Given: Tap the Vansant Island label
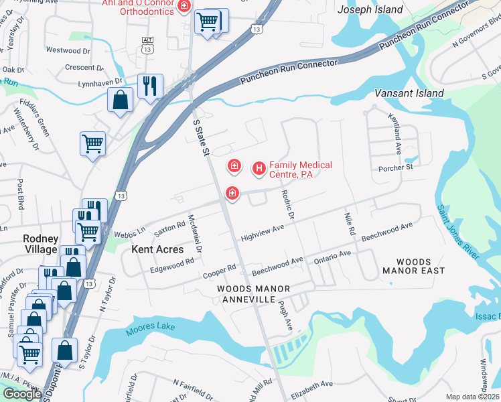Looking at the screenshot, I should [x=409, y=93].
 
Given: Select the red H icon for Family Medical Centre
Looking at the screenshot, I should [x=259, y=169].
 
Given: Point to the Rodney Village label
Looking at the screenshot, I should [x=40, y=244].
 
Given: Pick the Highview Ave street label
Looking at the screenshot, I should [x=263, y=232].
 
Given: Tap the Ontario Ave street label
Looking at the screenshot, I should [x=332, y=255].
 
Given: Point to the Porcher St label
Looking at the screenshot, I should [x=396, y=167].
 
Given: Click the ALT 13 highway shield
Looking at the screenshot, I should [x=148, y=45].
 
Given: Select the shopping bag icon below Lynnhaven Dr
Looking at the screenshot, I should [x=121, y=100].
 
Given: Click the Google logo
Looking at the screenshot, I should [x=22, y=394].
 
